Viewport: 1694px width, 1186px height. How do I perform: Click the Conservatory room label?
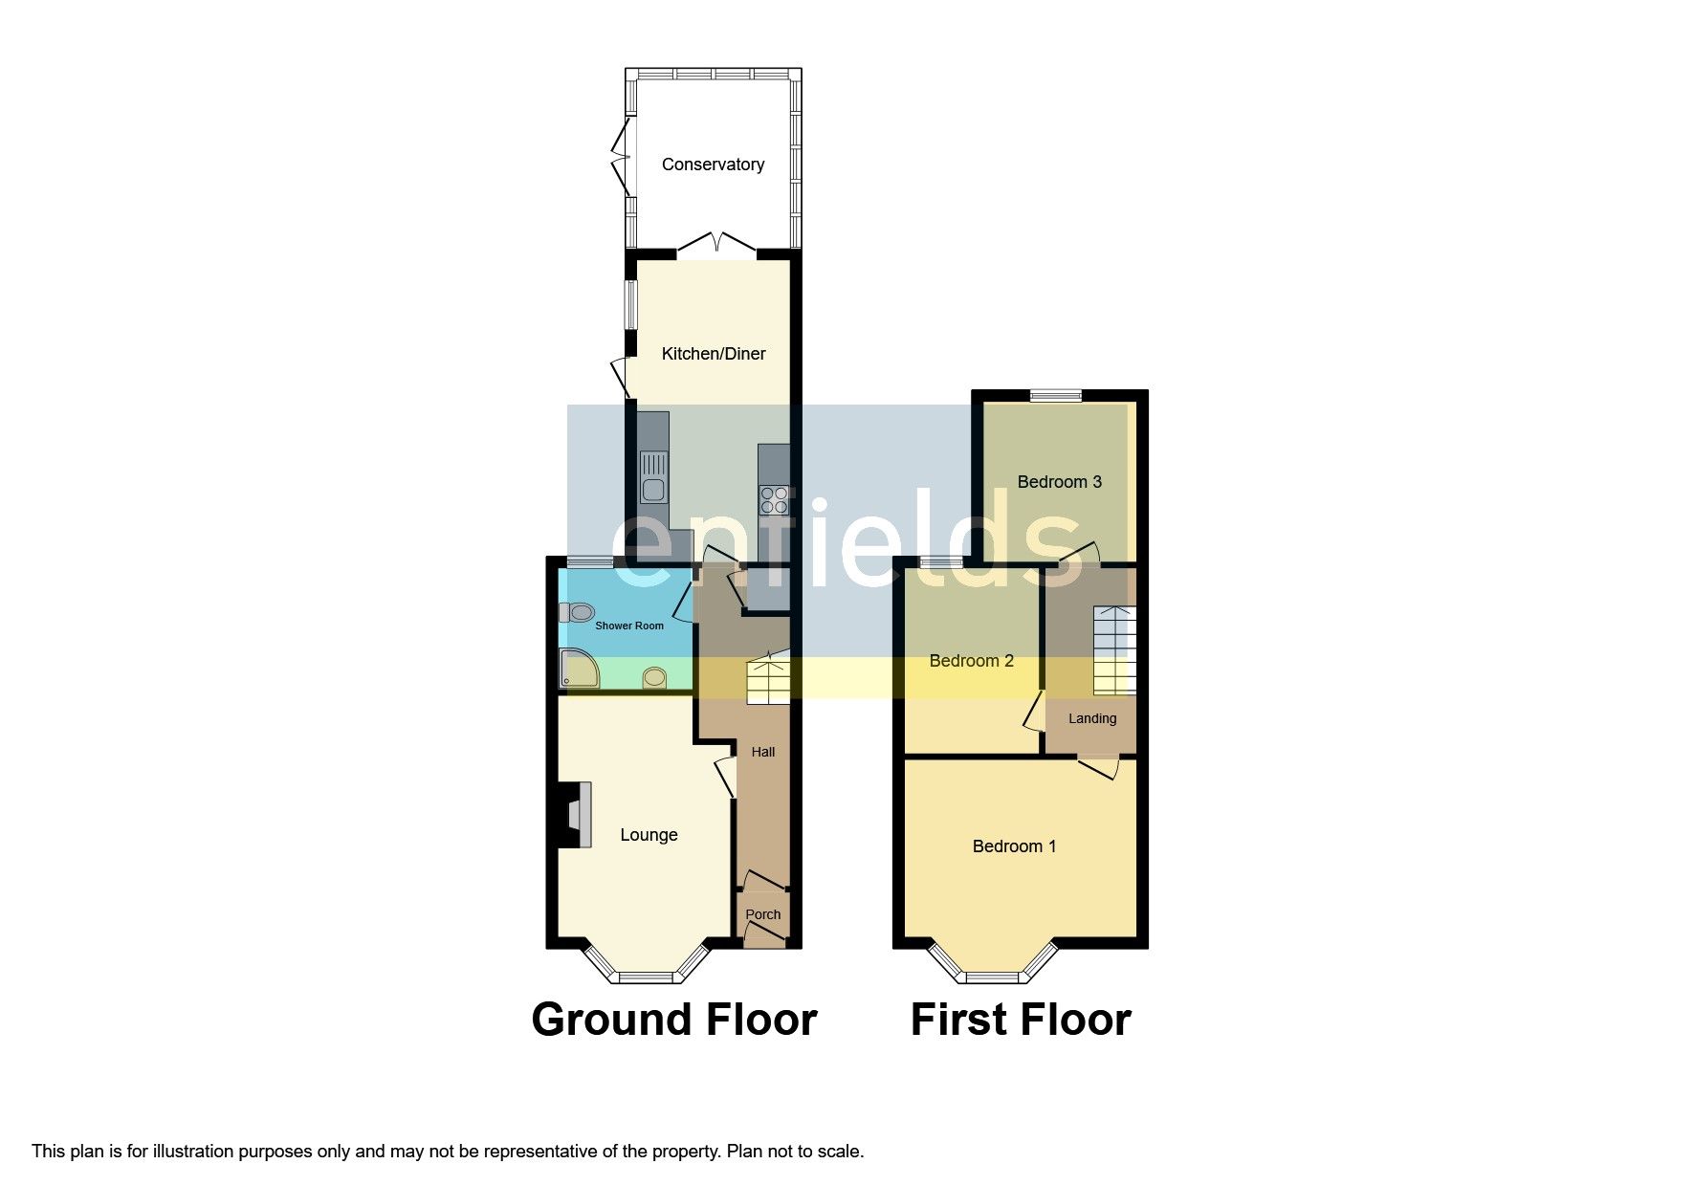coord(713,165)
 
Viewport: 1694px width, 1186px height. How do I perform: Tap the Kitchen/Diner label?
coord(714,354)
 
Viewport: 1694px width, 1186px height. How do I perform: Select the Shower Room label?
coord(629,626)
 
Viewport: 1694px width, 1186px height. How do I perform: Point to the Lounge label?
coord(649,835)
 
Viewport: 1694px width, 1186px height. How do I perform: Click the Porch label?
coord(763,914)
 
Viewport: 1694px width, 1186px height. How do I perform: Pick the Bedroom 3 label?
coord(1059,482)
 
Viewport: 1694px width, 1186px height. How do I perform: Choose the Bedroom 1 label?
coord(1014,846)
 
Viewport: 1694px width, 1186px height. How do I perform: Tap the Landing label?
coord(1092,718)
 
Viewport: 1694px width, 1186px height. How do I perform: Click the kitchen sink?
coord(654,477)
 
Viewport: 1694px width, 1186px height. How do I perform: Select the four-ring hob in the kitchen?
coord(774,500)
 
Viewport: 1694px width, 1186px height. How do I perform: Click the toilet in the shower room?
coord(577,612)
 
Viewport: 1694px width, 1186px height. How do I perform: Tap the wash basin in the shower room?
coord(655,677)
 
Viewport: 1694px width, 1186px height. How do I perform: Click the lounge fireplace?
coord(575,815)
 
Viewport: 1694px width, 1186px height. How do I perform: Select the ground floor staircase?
coord(768,680)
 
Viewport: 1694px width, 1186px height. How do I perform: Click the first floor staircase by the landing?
coord(1114,649)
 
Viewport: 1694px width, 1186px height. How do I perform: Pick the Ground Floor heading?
coord(674,1020)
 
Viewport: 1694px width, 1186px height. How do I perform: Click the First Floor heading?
coord(1021,1020)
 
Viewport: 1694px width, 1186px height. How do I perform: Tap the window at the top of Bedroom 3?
coord(1056,395)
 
